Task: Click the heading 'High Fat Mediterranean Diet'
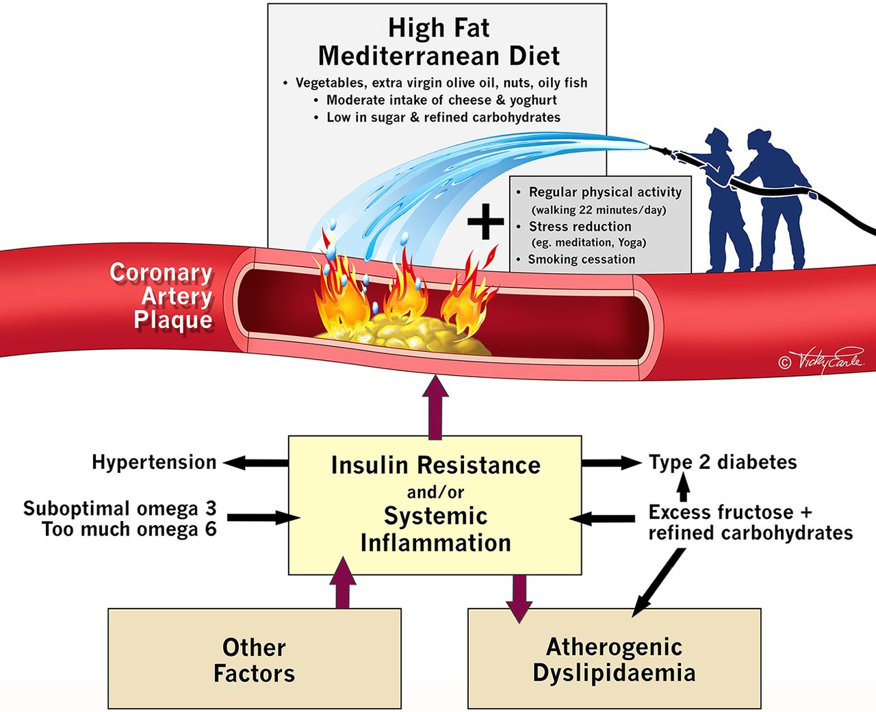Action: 439,42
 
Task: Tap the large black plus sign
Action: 485,223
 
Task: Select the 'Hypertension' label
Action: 154,462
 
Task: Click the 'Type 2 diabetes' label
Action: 723,462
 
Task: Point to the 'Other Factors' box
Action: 254,659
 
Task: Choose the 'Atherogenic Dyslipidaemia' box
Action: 614,659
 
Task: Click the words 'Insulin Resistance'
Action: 435,466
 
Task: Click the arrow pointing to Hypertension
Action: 255,463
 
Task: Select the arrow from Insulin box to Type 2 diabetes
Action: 611,463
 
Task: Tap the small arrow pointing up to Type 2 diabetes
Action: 682,487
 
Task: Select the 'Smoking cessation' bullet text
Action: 581,259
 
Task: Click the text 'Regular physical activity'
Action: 605,192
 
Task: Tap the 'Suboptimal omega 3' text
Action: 120,508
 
